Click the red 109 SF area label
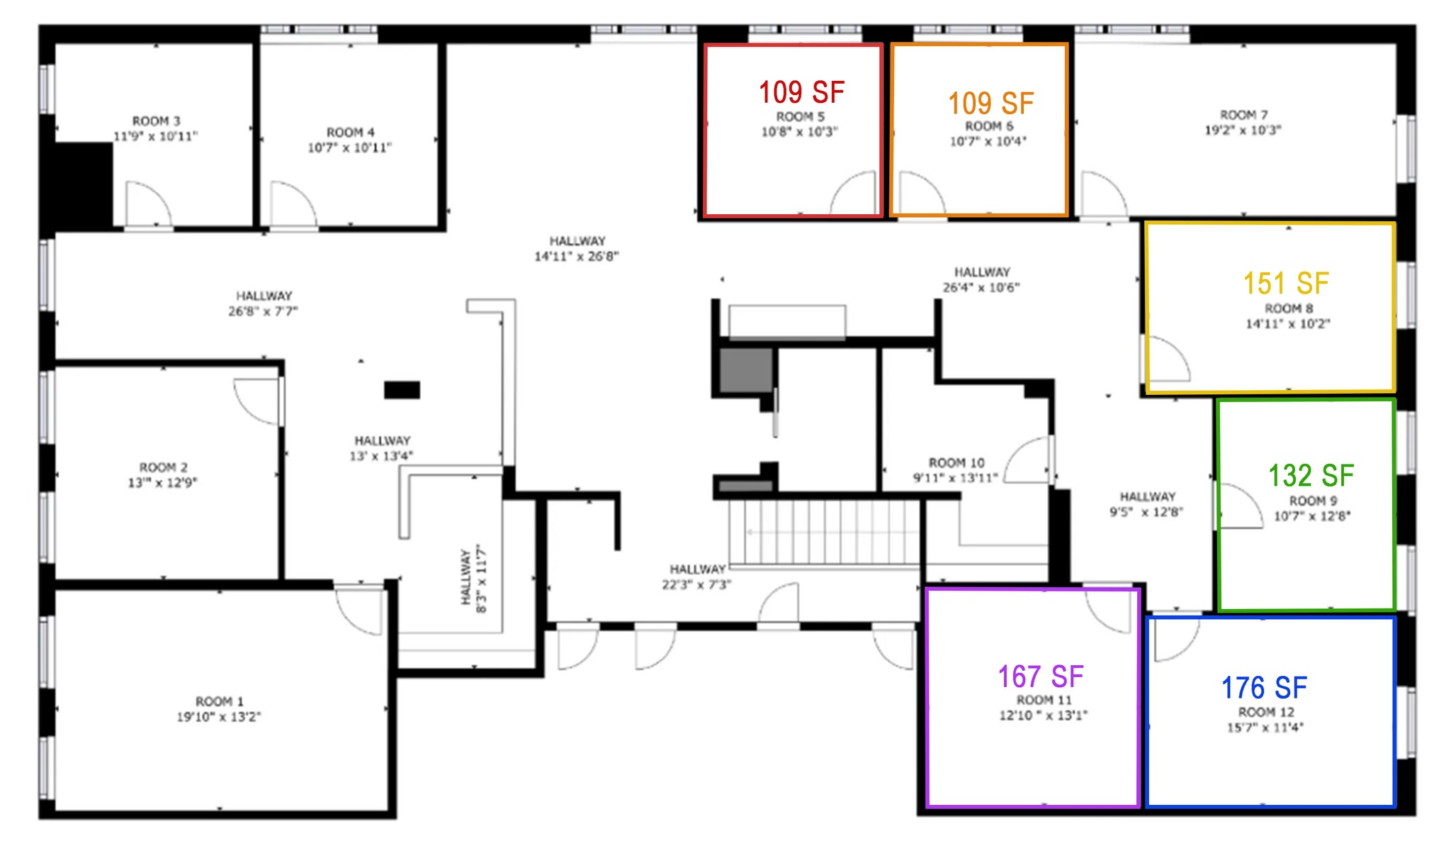pos(801,92)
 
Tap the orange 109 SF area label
pos(991,104)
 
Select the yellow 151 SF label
pos(1286,284)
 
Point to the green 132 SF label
pos(1311,475)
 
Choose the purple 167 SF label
pos(1041,677)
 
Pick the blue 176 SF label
pos(1265,687)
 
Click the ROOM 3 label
pos(156,121)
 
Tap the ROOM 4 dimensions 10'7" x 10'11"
pos(349,147)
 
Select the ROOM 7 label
pos(1243,115)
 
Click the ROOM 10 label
pos(956,462)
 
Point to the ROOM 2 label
pos(163,467)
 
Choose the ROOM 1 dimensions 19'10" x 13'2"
pos(219,717)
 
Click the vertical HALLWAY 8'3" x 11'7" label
pos(473,578)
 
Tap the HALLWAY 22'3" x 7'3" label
pos(697,577)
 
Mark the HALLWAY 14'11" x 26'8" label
pos(577,249)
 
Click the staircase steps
pos(825,533)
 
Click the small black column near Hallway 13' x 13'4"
pos(402,389)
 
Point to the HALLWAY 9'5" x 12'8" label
pos(1147,504)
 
